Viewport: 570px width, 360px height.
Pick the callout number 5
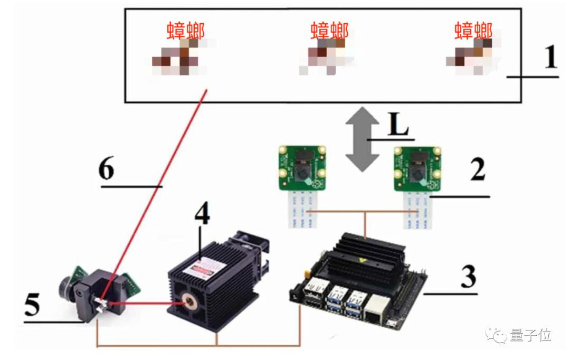(x=33, y=306)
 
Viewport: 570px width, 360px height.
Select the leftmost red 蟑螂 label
(x=186, y=31)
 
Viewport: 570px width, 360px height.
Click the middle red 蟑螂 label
(x=329, y=30)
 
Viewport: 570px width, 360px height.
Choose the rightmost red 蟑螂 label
(x=473, y=30)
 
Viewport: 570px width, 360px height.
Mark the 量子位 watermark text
(x=530, y=335)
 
